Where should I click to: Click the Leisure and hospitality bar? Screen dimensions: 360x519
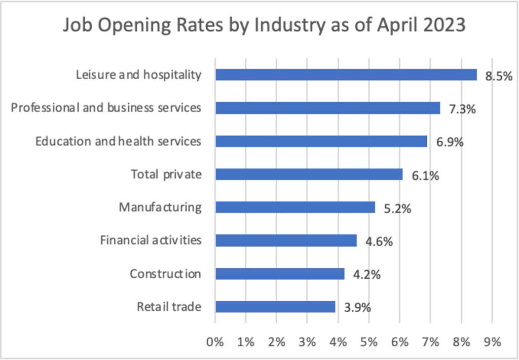pyautogui.click(x=346, y=75)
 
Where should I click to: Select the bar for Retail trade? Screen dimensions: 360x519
pyautogui.click(x=275, y=307)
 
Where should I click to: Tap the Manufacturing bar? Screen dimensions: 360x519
pyautogui.click(x=295, y=207)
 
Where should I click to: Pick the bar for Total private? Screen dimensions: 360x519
pyautogui.click(x=309, y=174)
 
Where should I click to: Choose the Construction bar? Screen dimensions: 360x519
pyautogui.click(x=280, y=274)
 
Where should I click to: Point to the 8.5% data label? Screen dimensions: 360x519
pyautogui.click(x=499, y=77)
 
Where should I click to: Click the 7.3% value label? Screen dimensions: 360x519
pyautogui.click(x=462, y=110)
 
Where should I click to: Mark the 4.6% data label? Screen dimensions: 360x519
pyautogui.click(x=379, y=242)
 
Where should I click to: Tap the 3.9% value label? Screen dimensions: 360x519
pyautogui.click(x=358, y=308)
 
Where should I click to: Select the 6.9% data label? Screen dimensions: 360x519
pyautogui.click(x=450, y=142)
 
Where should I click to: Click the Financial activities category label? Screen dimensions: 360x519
pyautogui.click(x=151, y=240)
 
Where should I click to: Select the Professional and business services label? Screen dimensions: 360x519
pyautogui.click(x=106, y=107)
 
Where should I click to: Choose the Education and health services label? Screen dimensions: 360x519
pyautogui.click(x=118, y=141)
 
